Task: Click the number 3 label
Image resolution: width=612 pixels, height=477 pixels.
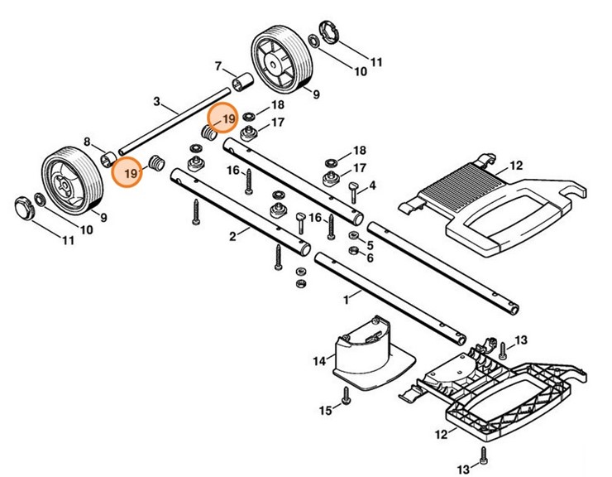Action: click(156, 102)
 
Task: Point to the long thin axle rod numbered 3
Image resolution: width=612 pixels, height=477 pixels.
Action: click(175, 122)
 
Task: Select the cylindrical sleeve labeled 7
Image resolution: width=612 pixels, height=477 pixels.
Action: click(242, 81)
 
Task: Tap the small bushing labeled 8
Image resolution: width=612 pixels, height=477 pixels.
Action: click(108, 160)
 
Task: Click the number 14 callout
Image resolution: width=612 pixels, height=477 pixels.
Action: click(319, 361)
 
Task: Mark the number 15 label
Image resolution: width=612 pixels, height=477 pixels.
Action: click(325, 411)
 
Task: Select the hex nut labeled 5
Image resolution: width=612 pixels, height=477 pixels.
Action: click(353, 236)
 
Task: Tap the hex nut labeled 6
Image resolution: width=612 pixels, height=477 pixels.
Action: click(353, 251)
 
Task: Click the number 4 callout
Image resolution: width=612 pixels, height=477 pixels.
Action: click(372, 185)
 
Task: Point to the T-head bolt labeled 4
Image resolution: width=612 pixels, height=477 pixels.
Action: click(353, 192)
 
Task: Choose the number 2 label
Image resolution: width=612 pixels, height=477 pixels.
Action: click(232, 237)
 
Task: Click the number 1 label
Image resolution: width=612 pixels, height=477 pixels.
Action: click(346, 301)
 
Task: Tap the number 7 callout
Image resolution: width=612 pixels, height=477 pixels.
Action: click(218, 66)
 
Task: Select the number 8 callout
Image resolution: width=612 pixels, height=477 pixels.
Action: click(87, 142)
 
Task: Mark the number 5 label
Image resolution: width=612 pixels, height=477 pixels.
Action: click(370, 245)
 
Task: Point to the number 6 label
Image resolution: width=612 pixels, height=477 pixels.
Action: click(370, 258)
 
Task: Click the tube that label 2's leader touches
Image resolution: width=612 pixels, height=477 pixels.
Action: click(241, 212)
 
